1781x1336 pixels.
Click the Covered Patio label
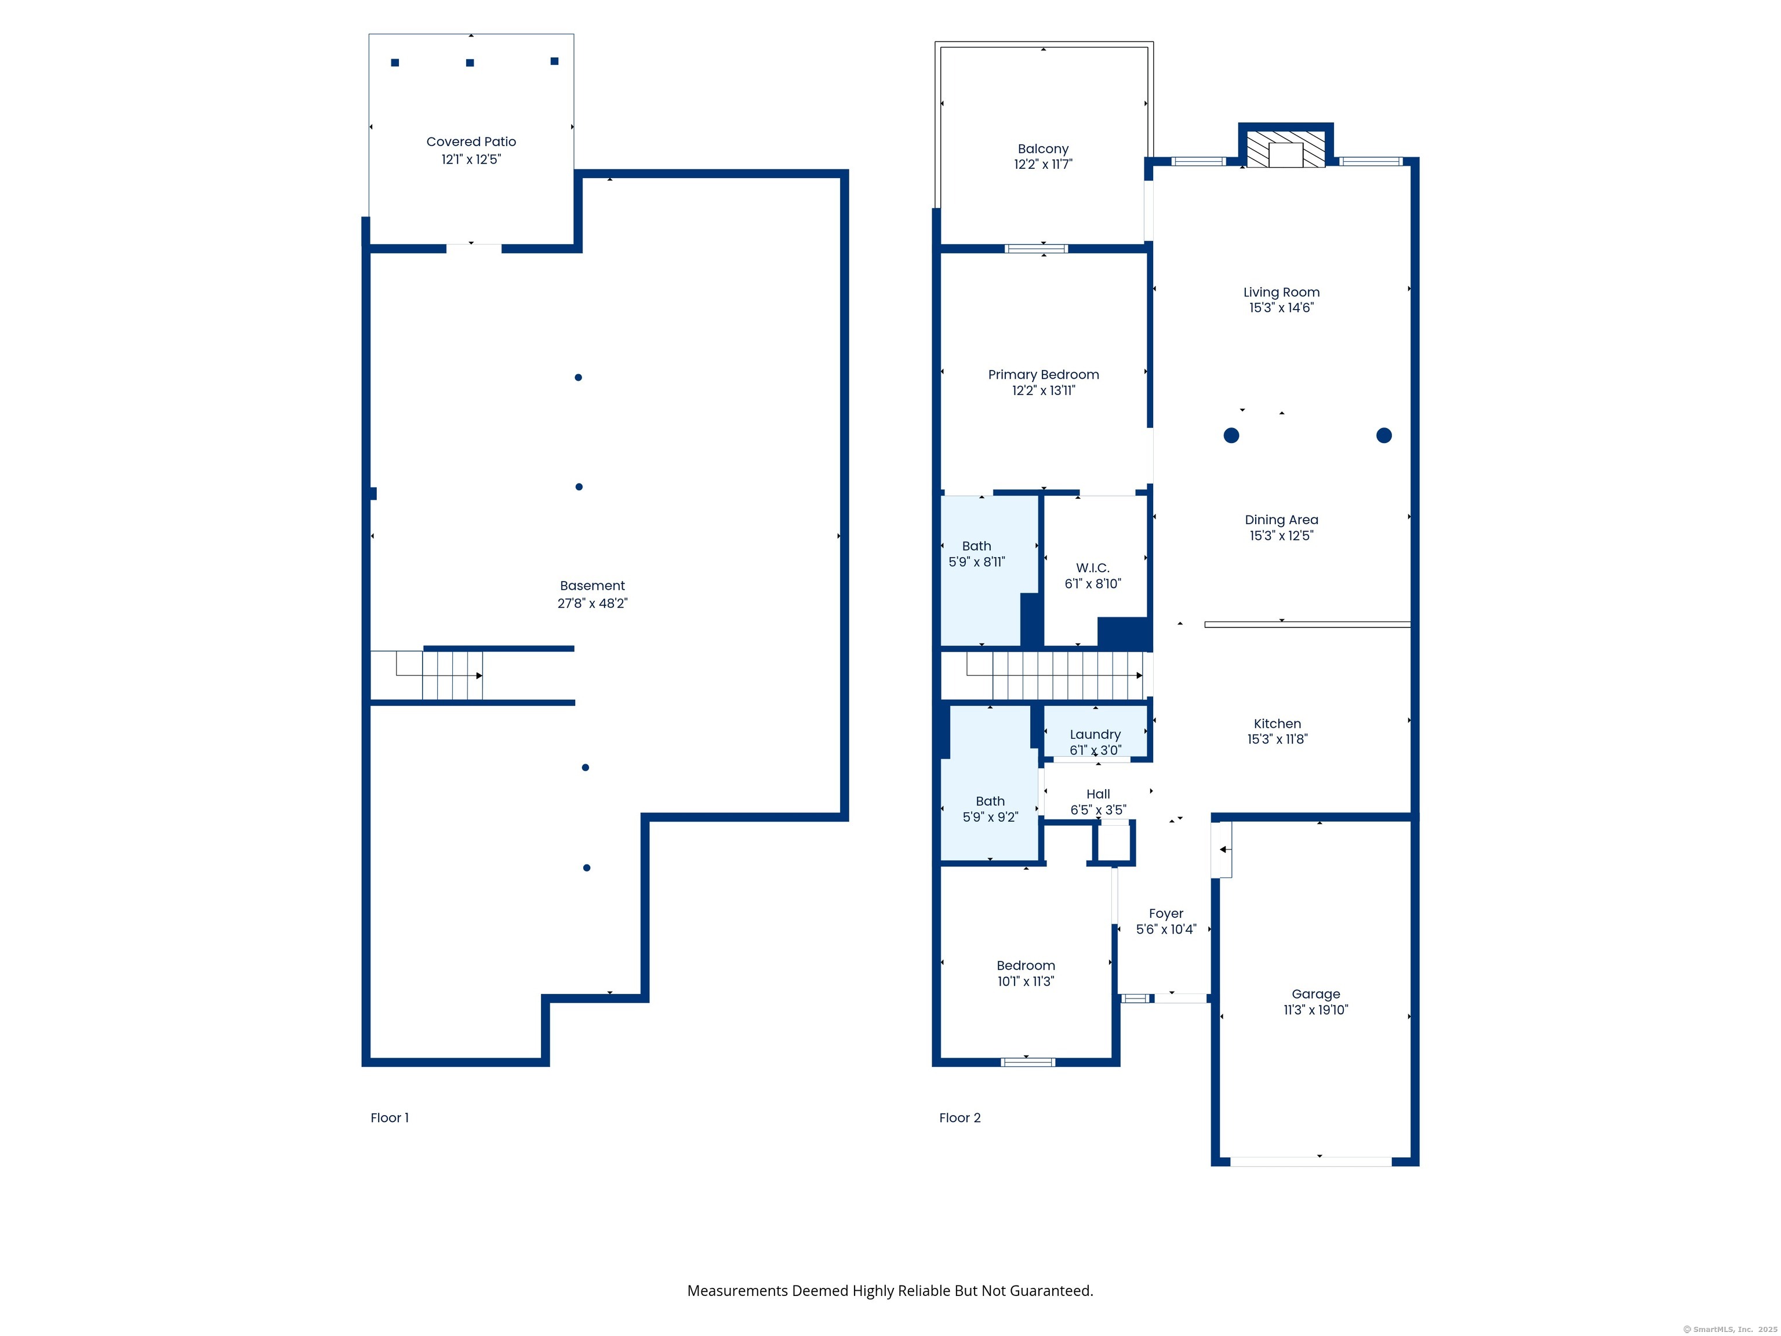471,141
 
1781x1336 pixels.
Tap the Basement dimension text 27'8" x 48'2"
593,603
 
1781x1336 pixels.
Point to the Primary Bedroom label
1044,375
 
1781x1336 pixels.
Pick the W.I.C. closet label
1093,568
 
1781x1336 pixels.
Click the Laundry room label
1095,735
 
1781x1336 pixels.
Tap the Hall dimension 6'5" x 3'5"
1098,810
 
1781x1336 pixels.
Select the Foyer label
1166,914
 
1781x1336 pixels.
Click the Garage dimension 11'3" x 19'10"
1315,1010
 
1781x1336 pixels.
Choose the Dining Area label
1281,520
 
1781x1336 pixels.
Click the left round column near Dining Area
1231,435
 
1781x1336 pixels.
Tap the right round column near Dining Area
1384,435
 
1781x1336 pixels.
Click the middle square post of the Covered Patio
470,63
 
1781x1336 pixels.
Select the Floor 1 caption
390,1118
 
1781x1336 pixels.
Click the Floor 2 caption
959,1118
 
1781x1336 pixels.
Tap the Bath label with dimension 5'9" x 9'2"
990,801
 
